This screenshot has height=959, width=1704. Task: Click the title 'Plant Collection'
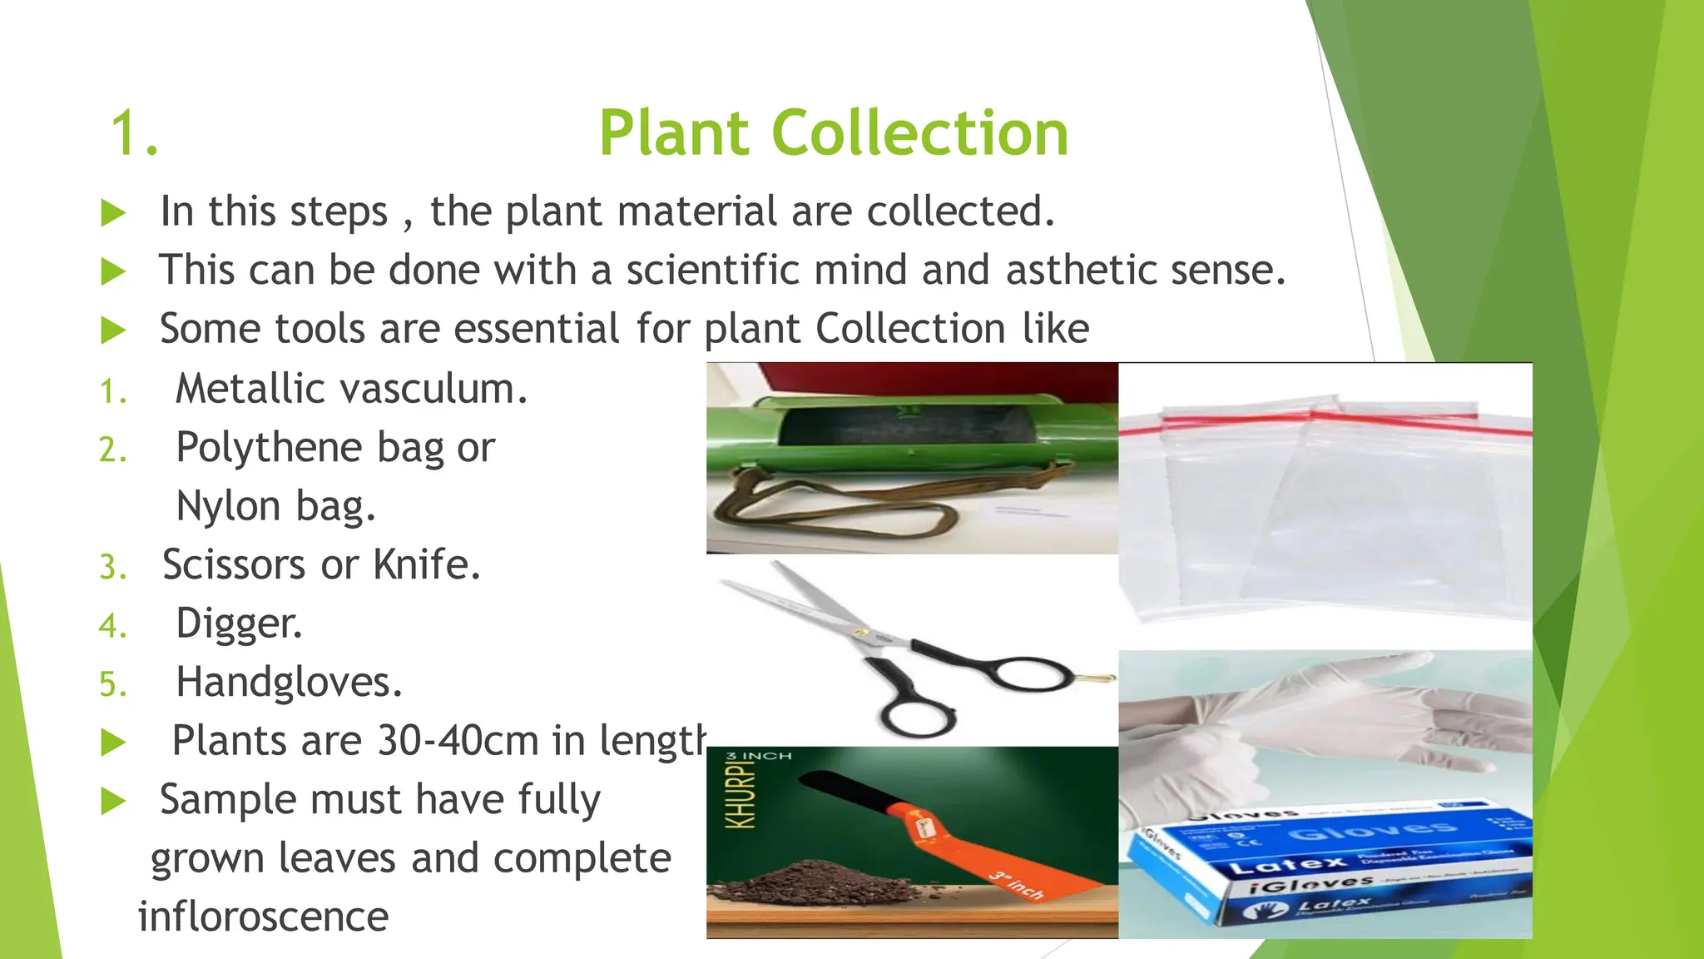(833, 133)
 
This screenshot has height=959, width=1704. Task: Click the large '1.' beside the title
(134, 133)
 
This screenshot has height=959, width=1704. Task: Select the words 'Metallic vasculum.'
(351, 389)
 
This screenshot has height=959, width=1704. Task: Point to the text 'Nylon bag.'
(276, 506)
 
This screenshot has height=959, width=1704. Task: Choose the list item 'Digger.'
(239, 624)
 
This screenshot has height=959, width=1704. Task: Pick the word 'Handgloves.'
(289, 683)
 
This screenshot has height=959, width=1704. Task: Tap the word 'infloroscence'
(263, 917)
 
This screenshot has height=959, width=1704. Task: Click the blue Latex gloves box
(1331, 866)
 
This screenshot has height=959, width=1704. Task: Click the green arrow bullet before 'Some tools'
(112, 330)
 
